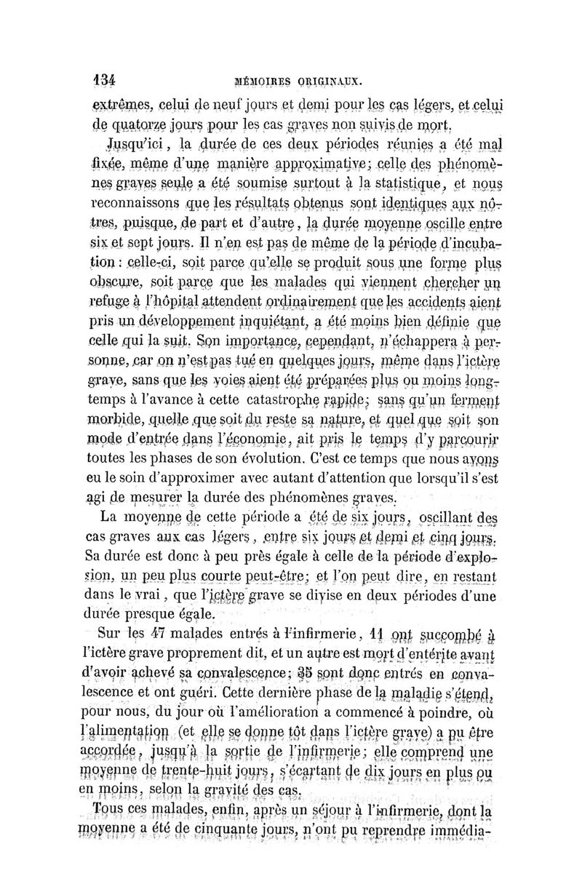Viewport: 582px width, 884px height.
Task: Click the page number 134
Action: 106,80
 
